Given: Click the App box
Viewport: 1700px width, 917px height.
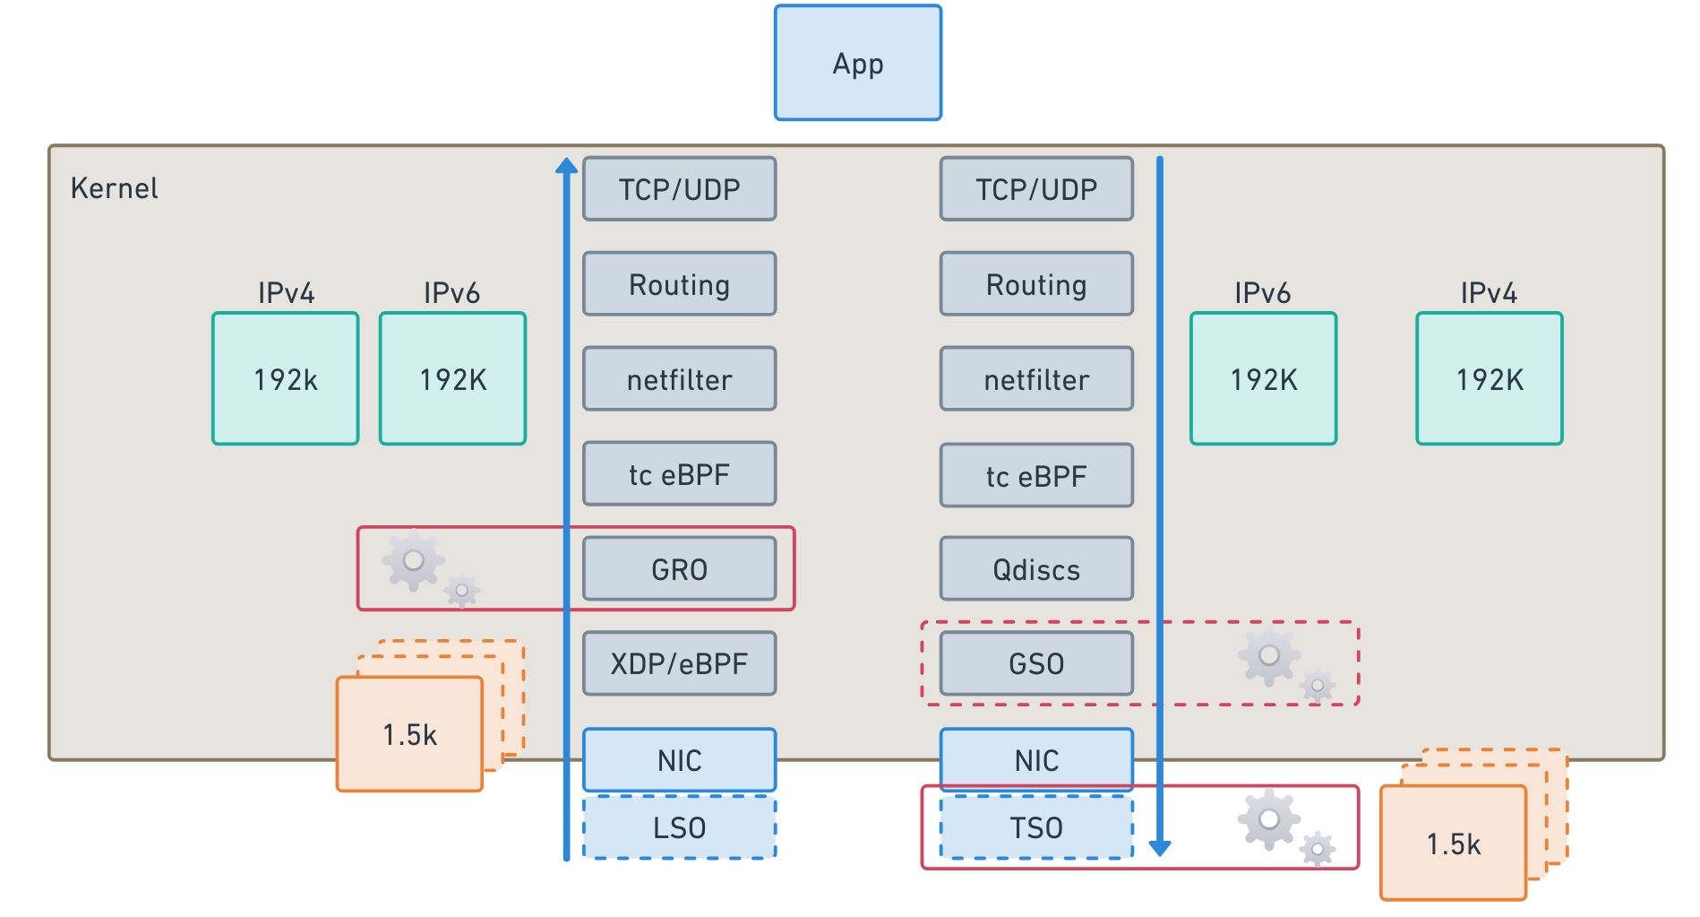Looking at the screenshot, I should pos(857,63).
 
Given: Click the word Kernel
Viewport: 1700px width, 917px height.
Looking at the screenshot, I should pos(114,188).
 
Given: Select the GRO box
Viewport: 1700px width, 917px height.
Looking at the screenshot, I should pos(679,568).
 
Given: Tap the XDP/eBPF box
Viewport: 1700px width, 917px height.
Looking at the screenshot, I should pos(679,663).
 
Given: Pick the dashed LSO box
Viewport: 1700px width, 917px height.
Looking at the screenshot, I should pos(679,827).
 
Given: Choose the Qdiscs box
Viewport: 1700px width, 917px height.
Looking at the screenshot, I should pos(1036,568).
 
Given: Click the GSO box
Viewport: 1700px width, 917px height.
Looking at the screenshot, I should pos(1036,663).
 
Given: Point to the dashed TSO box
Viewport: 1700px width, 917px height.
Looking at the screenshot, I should pos(1036,827).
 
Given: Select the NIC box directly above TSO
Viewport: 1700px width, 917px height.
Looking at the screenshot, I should pos(1036,760).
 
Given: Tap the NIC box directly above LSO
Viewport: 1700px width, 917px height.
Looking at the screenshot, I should pos(679,760).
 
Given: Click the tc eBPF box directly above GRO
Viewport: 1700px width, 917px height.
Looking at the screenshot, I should pos(679,473).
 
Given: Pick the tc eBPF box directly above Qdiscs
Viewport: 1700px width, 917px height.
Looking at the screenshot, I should pos(1036,475).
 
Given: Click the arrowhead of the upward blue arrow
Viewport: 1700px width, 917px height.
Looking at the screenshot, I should pos(566,166).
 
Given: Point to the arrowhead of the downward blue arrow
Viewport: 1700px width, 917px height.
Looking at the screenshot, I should pos(1160,847).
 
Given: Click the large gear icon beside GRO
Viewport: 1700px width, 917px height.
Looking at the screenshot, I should pos(413,560).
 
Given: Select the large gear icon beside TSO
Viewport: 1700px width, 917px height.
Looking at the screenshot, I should pos(1268,818).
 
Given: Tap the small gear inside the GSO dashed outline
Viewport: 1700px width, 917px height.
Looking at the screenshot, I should pos(1318,686).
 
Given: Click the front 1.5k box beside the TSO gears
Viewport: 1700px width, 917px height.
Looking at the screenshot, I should pos(1453,843).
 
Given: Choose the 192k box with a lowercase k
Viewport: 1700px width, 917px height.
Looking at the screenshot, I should pos(285,378).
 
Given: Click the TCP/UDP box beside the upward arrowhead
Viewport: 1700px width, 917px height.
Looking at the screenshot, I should pos(679,189).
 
